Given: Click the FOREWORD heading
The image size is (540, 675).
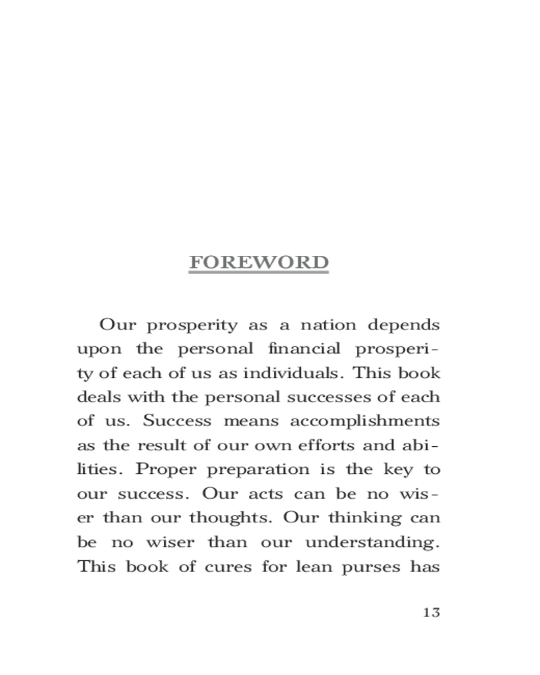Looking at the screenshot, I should [x=259, y=263].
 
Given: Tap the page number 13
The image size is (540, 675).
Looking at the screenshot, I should [x=431, y=613].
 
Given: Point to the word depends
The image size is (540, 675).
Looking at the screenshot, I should [x=404, y=326].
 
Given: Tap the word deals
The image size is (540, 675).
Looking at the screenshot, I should [x=94, y=397].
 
